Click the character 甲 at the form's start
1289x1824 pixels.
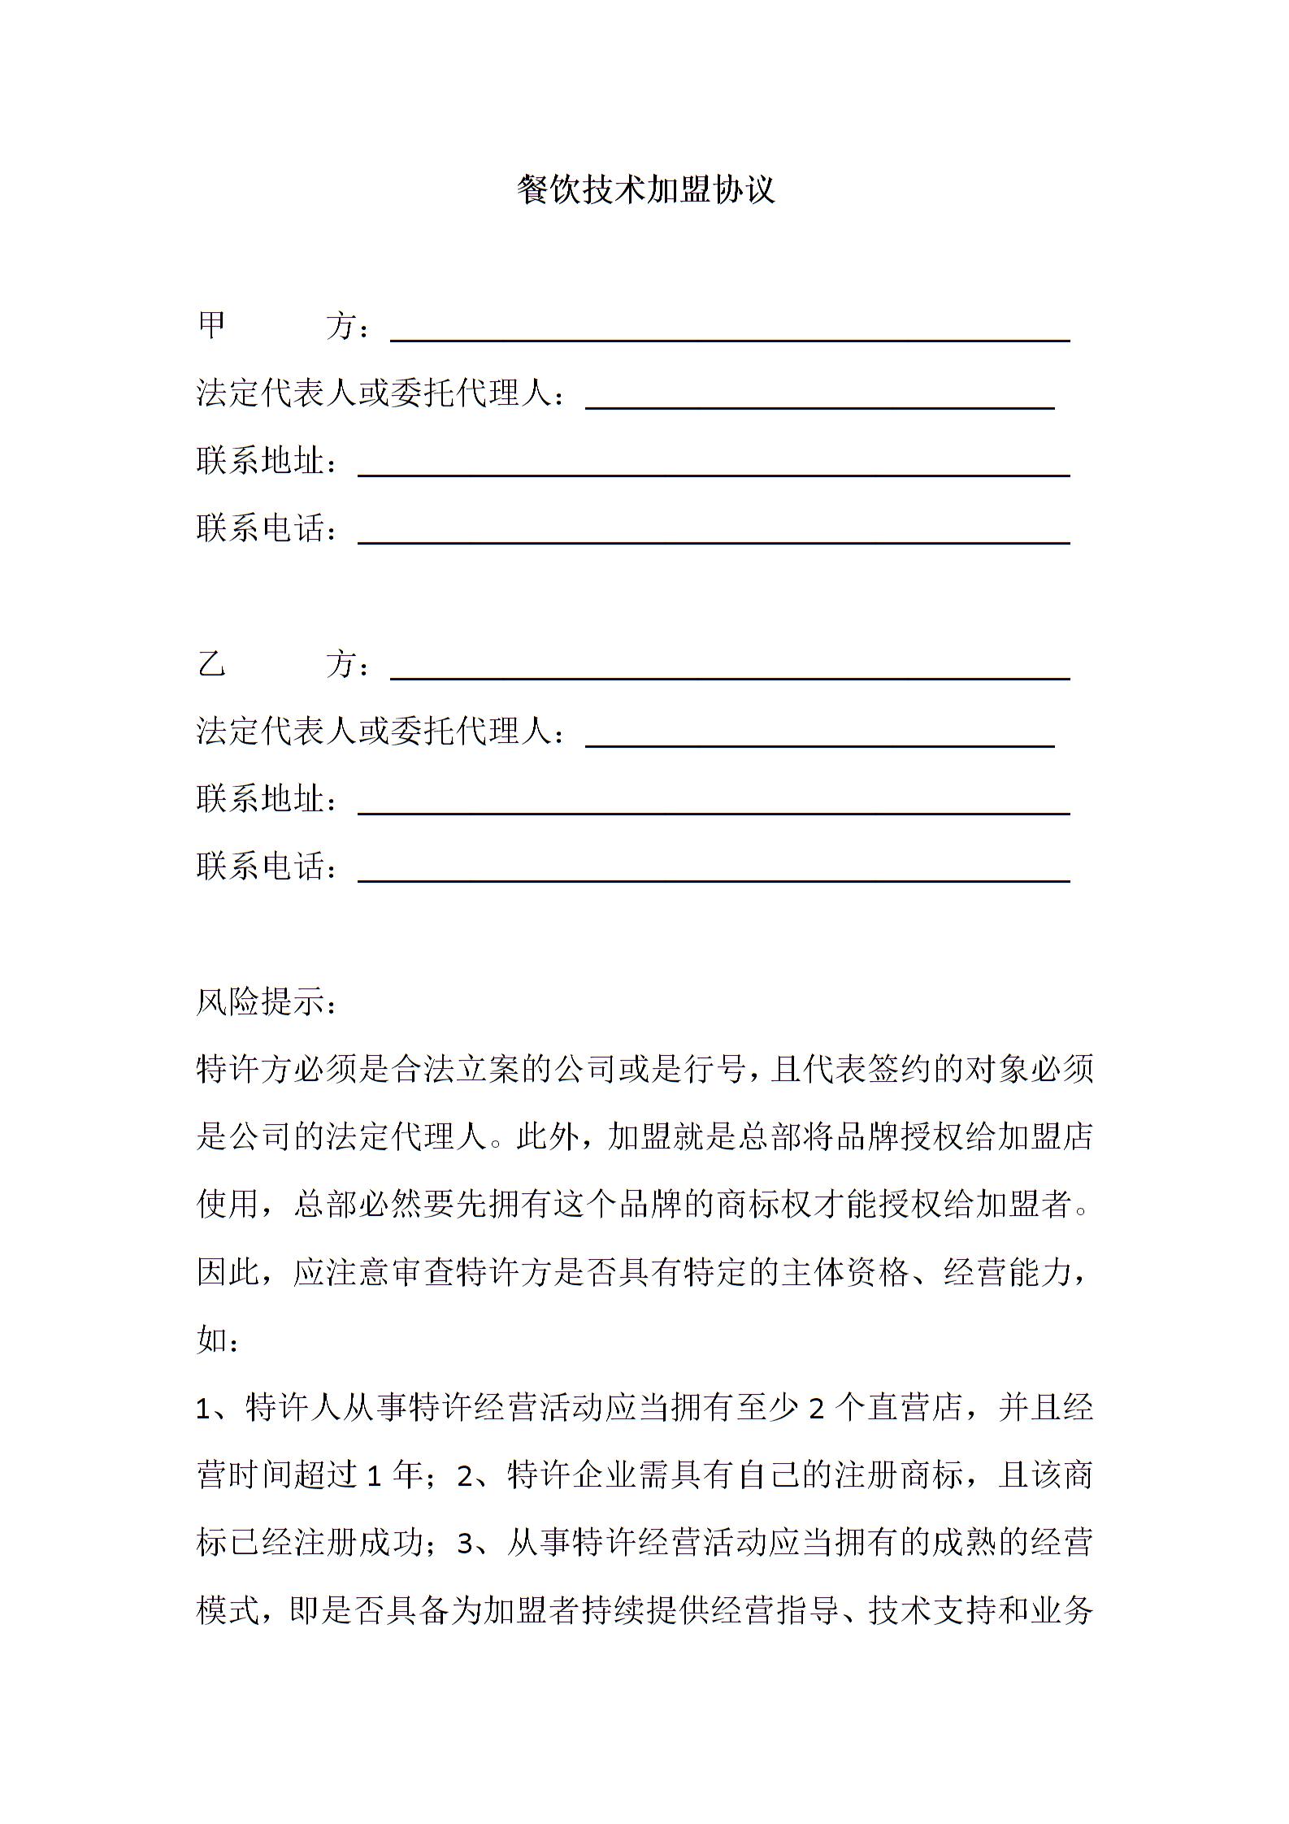click(212, 326)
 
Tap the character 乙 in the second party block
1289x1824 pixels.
click(212, 664)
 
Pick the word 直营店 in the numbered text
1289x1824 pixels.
click(915, 1408)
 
